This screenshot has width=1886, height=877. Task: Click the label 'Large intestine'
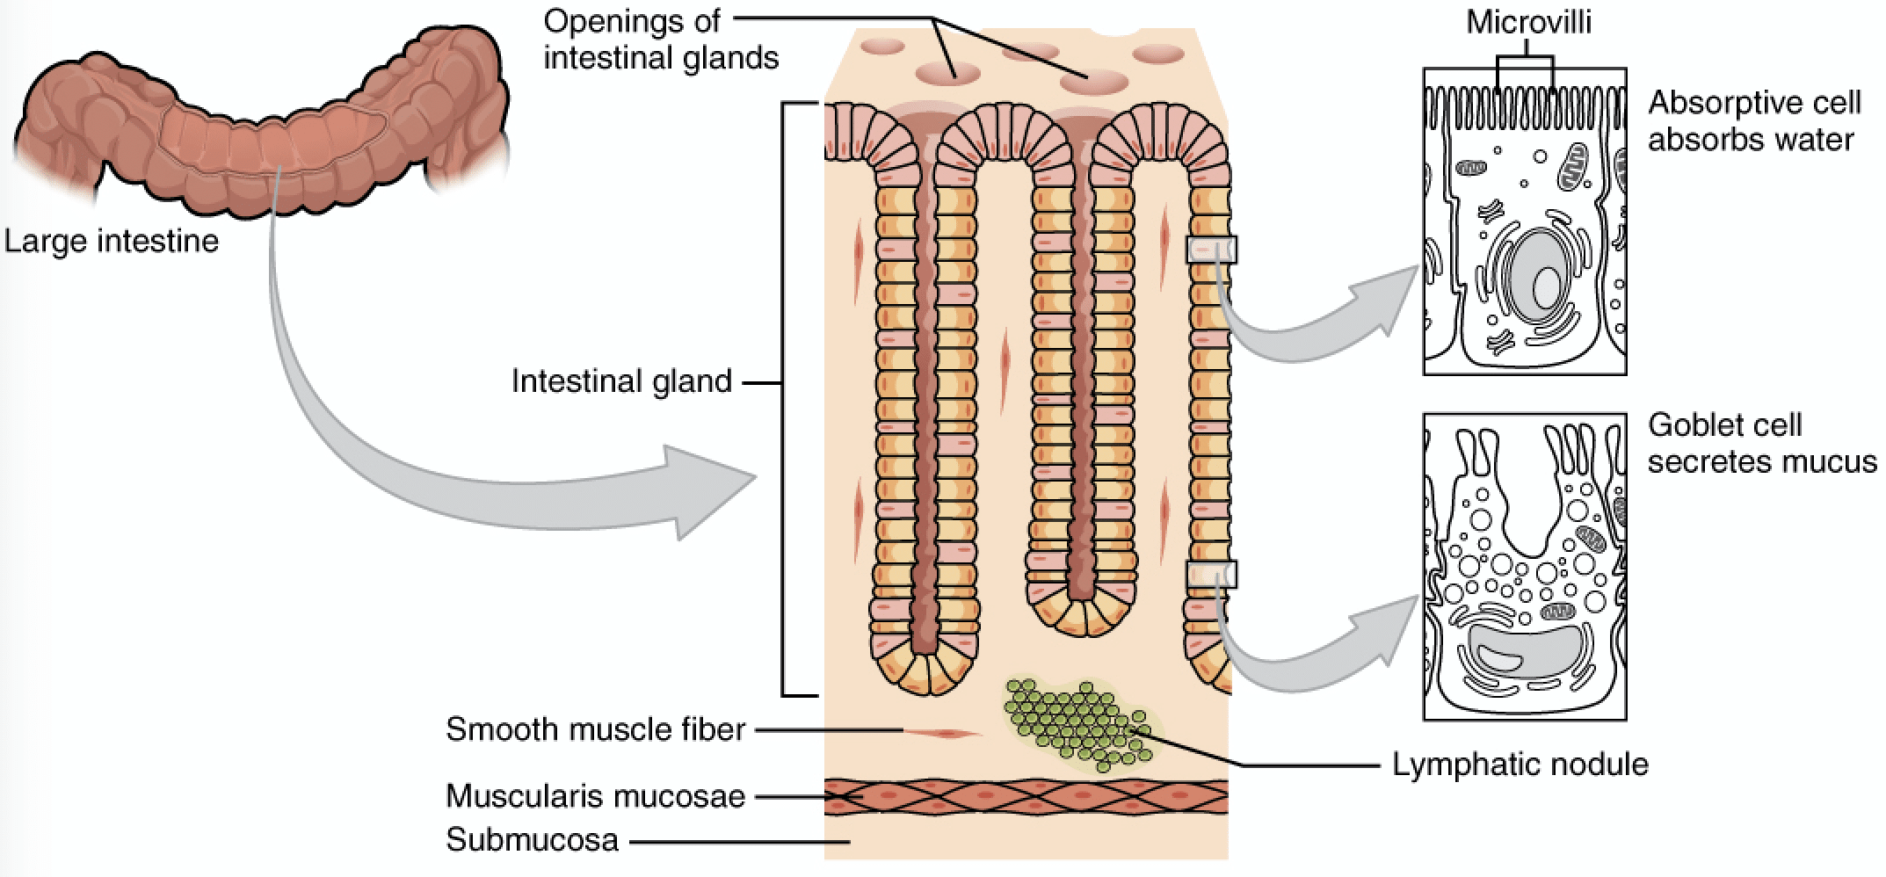click(x=112, y=240)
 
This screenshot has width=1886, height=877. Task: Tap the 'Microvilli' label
click(x=1528, y=22)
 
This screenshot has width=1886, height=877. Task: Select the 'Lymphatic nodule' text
click(x=1520, y=764)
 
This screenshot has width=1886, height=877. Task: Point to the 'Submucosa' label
click(x=532, y=839)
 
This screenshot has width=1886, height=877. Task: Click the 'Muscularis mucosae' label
click(x=595, y=795)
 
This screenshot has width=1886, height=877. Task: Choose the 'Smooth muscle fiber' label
click(x=595, y=728)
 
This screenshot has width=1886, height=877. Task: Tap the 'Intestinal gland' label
click(x=621, y=381)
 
